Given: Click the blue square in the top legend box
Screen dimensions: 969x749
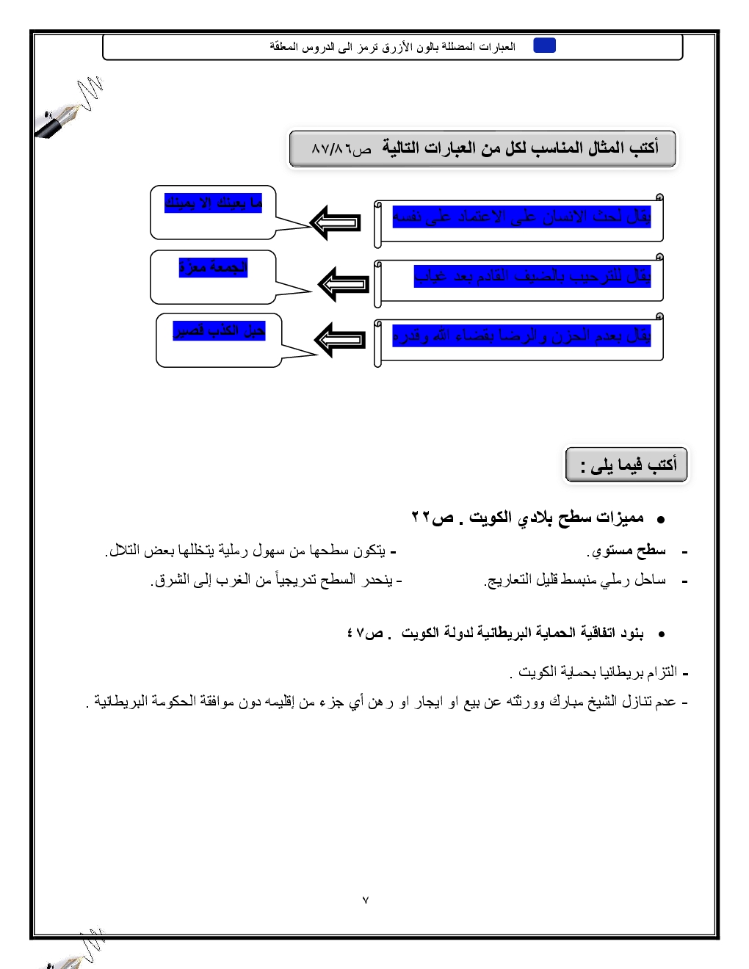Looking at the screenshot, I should (x=544, y=46).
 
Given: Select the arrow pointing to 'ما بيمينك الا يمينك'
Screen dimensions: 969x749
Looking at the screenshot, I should (x=336, y=222).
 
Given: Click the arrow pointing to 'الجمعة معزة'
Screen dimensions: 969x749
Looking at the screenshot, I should (x=343, y=284).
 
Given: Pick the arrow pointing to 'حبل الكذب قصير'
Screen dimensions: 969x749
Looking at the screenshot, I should (x=339, y=339).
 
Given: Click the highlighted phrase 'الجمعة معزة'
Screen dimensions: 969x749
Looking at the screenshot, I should (x=213, y=267).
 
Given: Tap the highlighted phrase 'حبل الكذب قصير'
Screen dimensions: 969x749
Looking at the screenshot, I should (x=219, y=330).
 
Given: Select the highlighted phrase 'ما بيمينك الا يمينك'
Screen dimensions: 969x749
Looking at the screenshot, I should (x=214, y=203).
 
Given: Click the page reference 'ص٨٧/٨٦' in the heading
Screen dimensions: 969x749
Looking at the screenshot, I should (x=341, y=149).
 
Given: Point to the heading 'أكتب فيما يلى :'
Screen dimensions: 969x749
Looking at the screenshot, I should (x=628, y=465).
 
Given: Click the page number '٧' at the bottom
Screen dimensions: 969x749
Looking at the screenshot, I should (x=366, y=900).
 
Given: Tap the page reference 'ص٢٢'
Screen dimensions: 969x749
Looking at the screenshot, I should (x=433, y=518).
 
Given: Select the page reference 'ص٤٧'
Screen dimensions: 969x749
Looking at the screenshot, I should (x=365, y=633).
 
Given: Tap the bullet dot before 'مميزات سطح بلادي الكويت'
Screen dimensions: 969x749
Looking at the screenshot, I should (x=660, y=519).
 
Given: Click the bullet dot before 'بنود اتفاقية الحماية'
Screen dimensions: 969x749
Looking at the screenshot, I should (x=661, y=634).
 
